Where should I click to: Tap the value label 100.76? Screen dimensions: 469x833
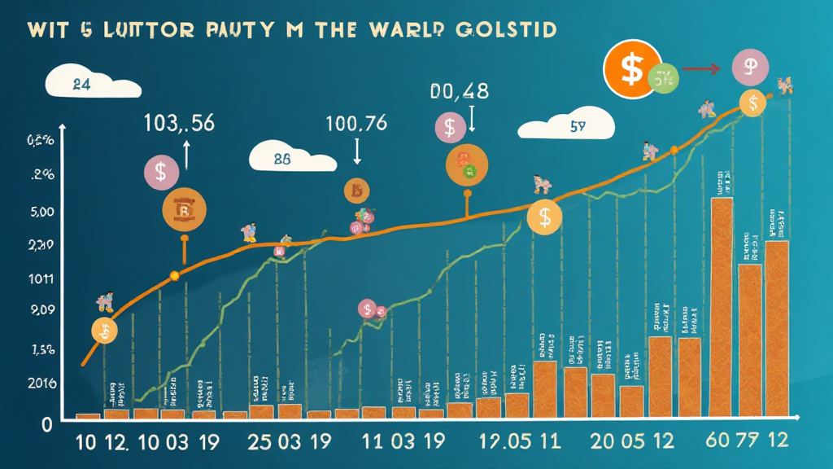coord(355,124)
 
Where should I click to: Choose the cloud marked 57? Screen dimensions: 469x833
coord(566,127)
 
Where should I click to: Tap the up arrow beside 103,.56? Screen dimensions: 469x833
coord(186,155)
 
